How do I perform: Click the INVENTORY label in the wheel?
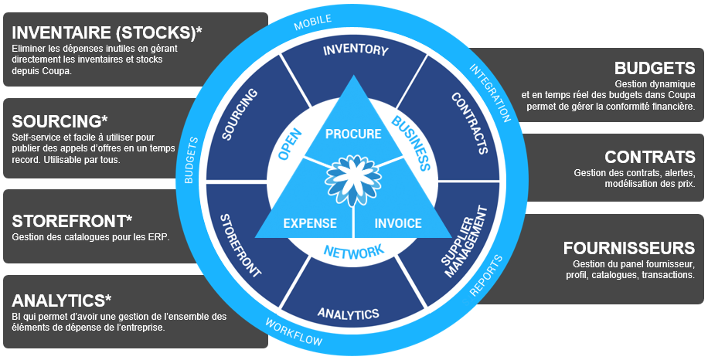click(355, 50)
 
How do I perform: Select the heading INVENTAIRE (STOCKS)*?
click(107, 33)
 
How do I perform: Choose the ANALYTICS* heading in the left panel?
click(63, 300)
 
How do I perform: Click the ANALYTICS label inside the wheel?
click(348, 314)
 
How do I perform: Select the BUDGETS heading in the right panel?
click(655, 68)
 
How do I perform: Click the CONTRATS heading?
click(650, 157)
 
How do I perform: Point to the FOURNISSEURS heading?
click(629, 248)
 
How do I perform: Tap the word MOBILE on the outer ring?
click(312, 22)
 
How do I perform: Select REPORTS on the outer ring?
click(486, 276)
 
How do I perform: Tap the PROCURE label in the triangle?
click(353, 134)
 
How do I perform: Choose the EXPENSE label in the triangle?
click(309, 223)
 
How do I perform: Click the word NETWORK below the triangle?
click(353, 252)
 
